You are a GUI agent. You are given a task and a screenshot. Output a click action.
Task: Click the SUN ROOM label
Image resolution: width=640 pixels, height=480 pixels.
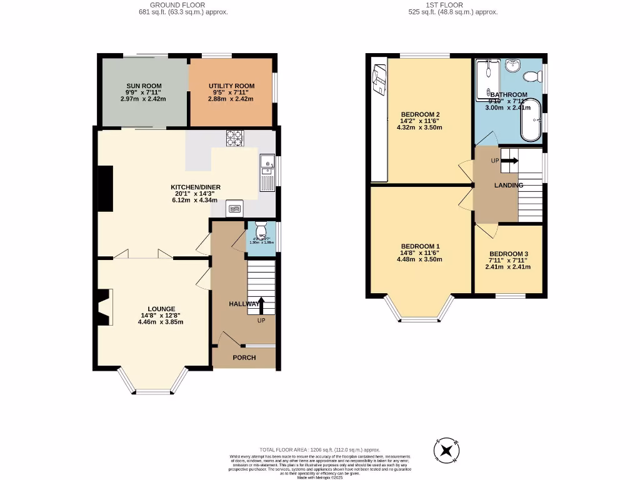(x=144, y=86)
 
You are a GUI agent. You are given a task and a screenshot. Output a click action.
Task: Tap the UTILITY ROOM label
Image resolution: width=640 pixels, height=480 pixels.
(x=231, y=86)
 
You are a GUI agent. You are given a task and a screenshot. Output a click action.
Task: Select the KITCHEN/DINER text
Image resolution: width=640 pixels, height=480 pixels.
(x=196, y=187)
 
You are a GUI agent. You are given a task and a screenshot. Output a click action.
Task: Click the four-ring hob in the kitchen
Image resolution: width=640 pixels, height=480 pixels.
(x=234, y=137)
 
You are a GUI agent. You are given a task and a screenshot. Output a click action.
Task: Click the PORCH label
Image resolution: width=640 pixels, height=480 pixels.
(x=244, y=358)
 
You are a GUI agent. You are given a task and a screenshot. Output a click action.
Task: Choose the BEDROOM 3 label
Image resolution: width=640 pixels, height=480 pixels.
(x=507, y=254)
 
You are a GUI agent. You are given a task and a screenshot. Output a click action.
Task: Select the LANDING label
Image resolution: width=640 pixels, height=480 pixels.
(x=508, y=186)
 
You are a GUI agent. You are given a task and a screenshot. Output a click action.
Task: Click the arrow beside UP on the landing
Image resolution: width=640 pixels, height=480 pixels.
(x=510, y=161)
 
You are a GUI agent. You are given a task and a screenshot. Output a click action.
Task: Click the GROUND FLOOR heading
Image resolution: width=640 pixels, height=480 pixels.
(x=183, y=5)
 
